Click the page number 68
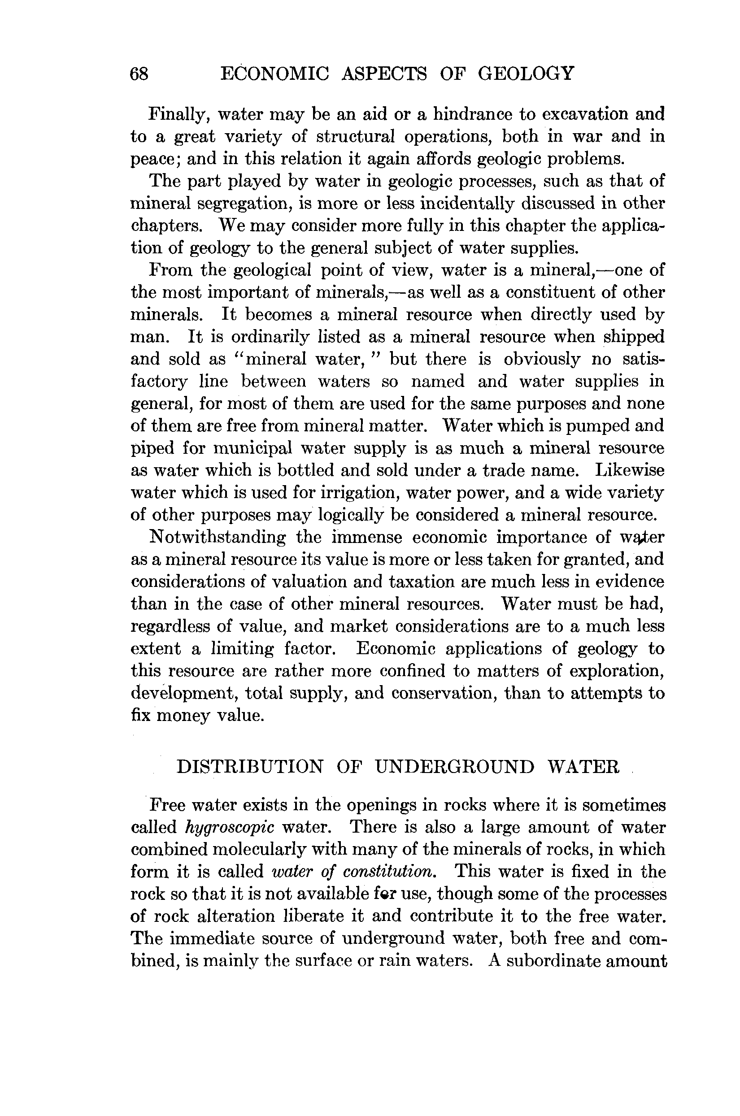(139, 74)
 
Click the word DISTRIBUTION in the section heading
(250, 767)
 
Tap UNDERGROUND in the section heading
(455, 767)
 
